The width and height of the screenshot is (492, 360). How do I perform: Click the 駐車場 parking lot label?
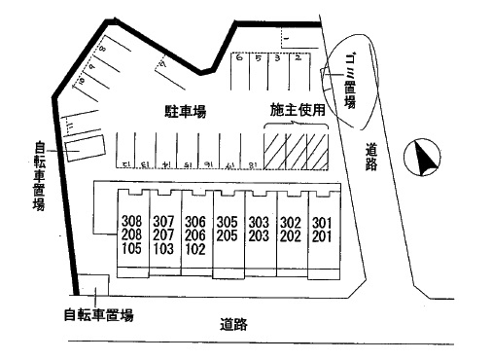[185, 112]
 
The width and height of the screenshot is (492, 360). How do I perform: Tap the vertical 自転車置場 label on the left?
[40, 175]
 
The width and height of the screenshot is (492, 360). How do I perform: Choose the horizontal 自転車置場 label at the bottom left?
[98, 315]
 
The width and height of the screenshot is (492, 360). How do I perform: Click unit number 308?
[132, 221]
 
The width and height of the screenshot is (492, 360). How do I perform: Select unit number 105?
[132, 248]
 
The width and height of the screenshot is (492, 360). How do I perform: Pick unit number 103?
[163, 248]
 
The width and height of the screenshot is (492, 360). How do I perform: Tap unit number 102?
[194, 248]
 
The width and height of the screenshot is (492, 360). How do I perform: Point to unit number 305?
[227, 221]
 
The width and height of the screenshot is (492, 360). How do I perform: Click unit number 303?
[258, 221]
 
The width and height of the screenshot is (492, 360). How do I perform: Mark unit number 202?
[289, 234]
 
